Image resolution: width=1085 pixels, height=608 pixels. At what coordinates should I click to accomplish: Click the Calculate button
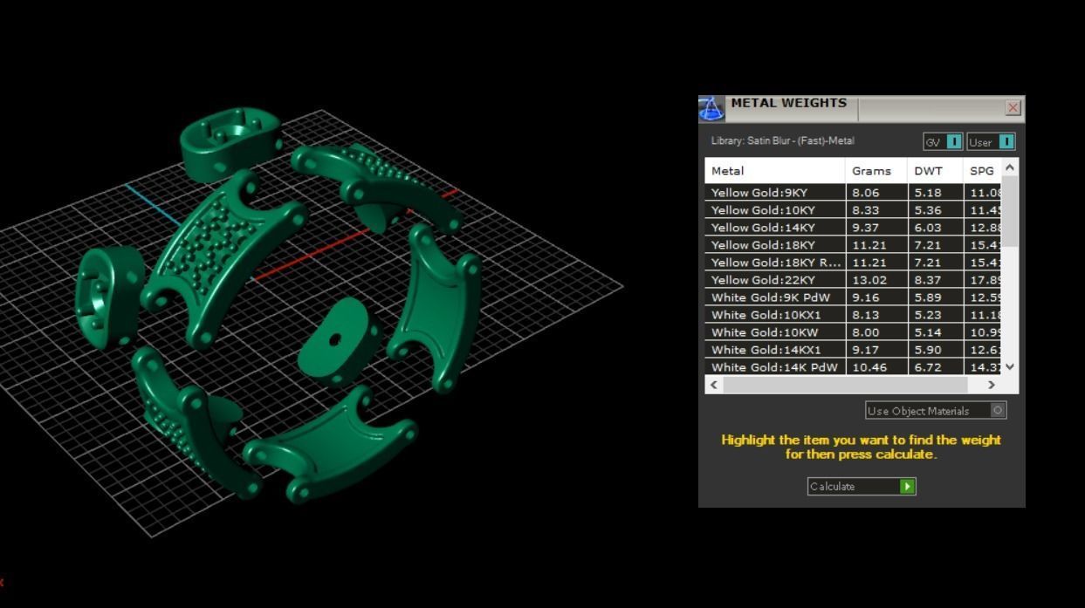[861, 487]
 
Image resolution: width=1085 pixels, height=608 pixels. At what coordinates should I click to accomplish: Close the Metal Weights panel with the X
[1013, 108]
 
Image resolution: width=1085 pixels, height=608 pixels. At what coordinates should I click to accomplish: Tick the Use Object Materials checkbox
[998, 410]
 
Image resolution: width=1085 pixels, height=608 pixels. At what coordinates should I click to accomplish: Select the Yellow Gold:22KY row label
[764, 280]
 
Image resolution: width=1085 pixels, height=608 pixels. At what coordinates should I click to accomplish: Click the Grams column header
[871, 171]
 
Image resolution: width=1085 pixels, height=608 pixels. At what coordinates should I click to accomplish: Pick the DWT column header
[928, 171]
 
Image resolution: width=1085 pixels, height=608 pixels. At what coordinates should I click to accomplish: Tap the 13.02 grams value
[869, 280]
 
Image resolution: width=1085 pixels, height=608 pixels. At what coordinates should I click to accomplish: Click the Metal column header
[728, 171]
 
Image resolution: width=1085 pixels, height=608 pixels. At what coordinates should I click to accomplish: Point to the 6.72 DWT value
[928, 367]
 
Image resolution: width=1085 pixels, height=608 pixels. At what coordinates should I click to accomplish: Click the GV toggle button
[943, 141]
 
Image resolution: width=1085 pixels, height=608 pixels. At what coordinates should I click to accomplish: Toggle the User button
[991, 141]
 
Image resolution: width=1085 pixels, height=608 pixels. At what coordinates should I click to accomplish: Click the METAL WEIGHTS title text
[788, 103]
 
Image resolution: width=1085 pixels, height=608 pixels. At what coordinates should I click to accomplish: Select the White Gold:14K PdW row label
[774, 367]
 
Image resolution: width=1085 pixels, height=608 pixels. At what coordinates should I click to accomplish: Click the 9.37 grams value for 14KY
[867, 228]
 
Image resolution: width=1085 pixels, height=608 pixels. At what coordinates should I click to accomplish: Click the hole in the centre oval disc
[334, 340]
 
